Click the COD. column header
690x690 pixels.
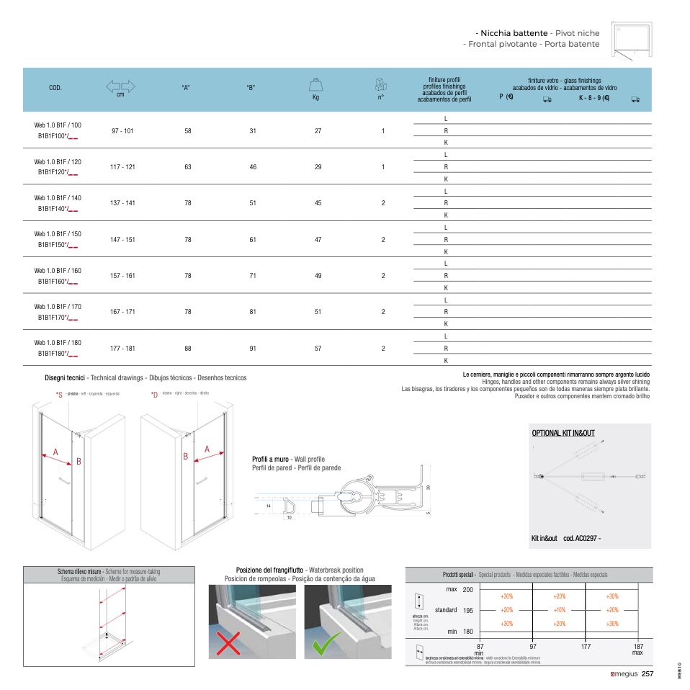tap(55, 87)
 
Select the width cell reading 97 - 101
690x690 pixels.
tap(122, 131)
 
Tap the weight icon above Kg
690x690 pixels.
tap(315, 84)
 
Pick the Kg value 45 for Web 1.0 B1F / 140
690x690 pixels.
tap(318, 203)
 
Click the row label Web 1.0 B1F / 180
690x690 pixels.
tap(58, 342)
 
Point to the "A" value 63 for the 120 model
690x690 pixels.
tap(188, 167)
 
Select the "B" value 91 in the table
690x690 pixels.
tap(253, 348)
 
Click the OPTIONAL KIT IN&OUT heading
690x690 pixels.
tap(563, 433)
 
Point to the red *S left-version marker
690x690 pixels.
tap(59, 394)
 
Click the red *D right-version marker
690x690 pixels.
tap(154, 394)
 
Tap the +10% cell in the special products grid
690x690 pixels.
tap(560, 609)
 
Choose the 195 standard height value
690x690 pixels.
tap(468, 610)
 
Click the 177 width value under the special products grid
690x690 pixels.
tap(586, 647)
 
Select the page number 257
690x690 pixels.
tap(647, 674)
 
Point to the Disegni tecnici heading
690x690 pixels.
tap(66, 377)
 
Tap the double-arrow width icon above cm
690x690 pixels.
tap(121, 86)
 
